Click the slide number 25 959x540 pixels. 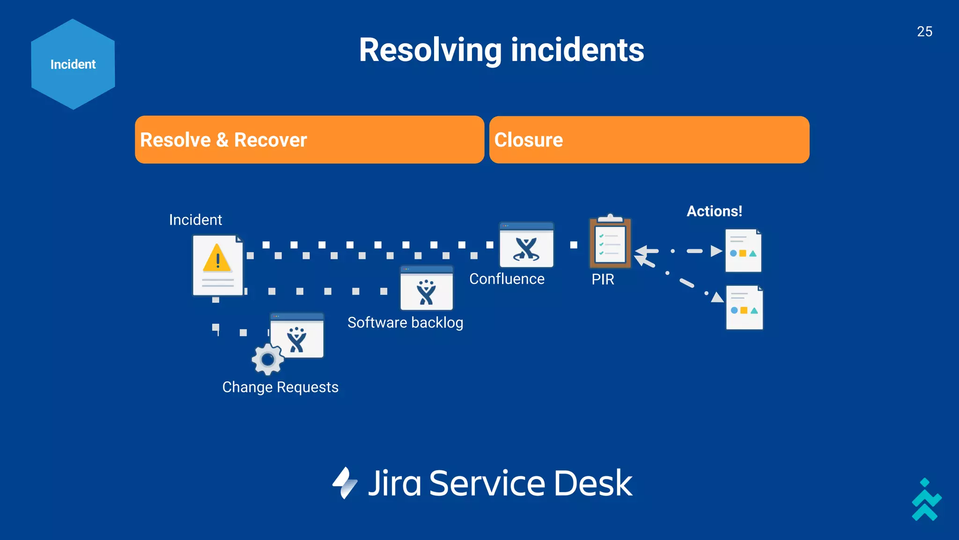coord(924,31)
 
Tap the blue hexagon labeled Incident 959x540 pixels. coord(73,64)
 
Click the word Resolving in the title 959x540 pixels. coord(430,50)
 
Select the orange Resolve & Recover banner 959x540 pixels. coord(309,140)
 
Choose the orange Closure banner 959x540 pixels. coord(649,140)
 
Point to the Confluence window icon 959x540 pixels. coord(526,245)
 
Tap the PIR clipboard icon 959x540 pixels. coord(610,242)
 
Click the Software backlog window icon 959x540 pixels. coord(426,288)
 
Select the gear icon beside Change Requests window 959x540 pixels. coord(268,360)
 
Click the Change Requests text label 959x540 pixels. coord(280,387)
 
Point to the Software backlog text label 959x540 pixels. coord(405,322)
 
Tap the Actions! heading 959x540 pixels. coord(714,211)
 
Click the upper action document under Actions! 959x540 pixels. coord(743,251)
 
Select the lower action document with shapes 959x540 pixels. coord(744,307)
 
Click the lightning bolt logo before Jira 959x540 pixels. coord(345,483)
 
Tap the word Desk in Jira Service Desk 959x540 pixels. coord(593,483)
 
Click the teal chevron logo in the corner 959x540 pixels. coord(926,501)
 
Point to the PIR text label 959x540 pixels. coord(603,279)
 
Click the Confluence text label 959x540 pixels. coord(507,279)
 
